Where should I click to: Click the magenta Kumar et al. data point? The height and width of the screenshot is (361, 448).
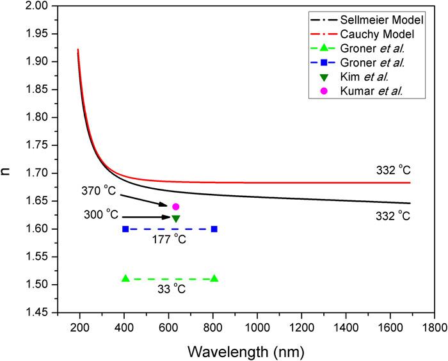tap(175, 207)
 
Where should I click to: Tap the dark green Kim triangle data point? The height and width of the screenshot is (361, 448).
tap(175, 219)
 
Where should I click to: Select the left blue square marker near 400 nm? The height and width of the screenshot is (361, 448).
tap(125, 229)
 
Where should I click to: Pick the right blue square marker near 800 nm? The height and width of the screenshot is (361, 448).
tap(214, 229)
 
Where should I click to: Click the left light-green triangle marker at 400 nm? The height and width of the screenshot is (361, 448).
tap(125, 278)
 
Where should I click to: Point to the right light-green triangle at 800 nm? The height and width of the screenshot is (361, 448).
tap(214, 278)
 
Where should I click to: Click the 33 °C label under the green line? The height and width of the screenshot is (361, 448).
tap(170, 289)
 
